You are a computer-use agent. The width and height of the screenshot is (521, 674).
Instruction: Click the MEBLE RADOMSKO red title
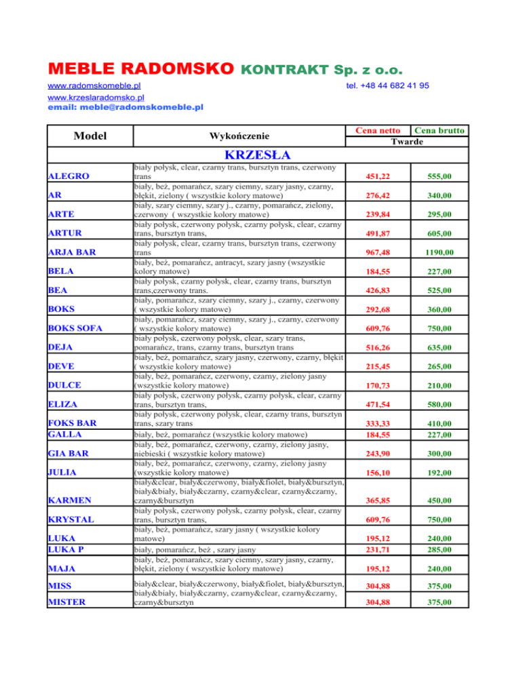140,69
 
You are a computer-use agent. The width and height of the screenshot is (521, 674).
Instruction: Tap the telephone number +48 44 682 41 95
387,86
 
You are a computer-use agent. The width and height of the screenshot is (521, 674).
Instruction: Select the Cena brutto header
441,130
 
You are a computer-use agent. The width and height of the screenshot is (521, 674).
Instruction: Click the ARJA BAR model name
76,253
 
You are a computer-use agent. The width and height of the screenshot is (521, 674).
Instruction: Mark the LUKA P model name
70,547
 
